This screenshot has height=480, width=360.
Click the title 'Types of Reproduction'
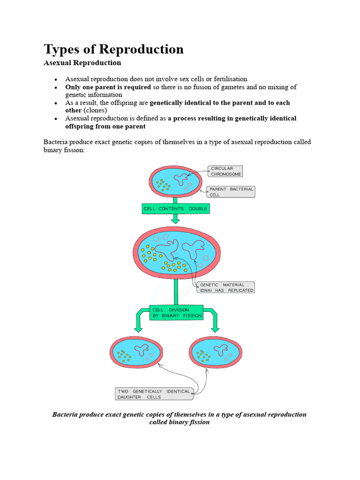(113, 49)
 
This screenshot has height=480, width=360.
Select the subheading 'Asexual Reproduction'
(82, 63)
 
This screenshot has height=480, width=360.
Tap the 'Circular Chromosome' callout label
(226, 171)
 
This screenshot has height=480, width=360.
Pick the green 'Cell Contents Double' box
(175, 209)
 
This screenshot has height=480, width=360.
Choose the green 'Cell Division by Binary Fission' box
(177, 313)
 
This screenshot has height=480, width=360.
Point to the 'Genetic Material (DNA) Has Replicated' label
(226, 287)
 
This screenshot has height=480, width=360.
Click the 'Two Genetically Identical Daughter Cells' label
(153, 394)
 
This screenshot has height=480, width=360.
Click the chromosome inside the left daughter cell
(141, 349)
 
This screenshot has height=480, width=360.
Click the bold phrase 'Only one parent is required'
(108, 87)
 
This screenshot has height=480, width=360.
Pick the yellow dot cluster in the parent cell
(164, 185)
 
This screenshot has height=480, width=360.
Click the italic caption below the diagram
(179, 418)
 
